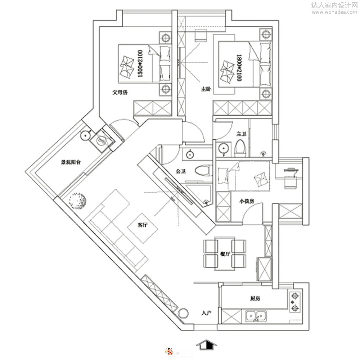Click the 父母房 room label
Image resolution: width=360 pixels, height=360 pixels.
pyautogui.click(x=120, y=93)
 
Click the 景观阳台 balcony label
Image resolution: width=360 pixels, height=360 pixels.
pyautogui.click(x=71, y=162)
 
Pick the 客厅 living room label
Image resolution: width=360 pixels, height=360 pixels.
pyautogui.click(x=143, y=225)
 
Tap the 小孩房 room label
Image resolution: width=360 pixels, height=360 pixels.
pyautogui.click(x=247, y=202)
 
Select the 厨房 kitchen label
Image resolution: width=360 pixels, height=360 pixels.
pyautogui.click(x=255, y=298)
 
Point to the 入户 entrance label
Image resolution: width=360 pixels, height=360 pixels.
pyautogui.click(x=206, y=313)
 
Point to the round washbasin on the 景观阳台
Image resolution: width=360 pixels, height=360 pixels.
pyautogui.click(x=85, y=135)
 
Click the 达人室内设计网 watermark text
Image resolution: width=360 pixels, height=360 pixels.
pyautogui.click(x=333, y=5)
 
